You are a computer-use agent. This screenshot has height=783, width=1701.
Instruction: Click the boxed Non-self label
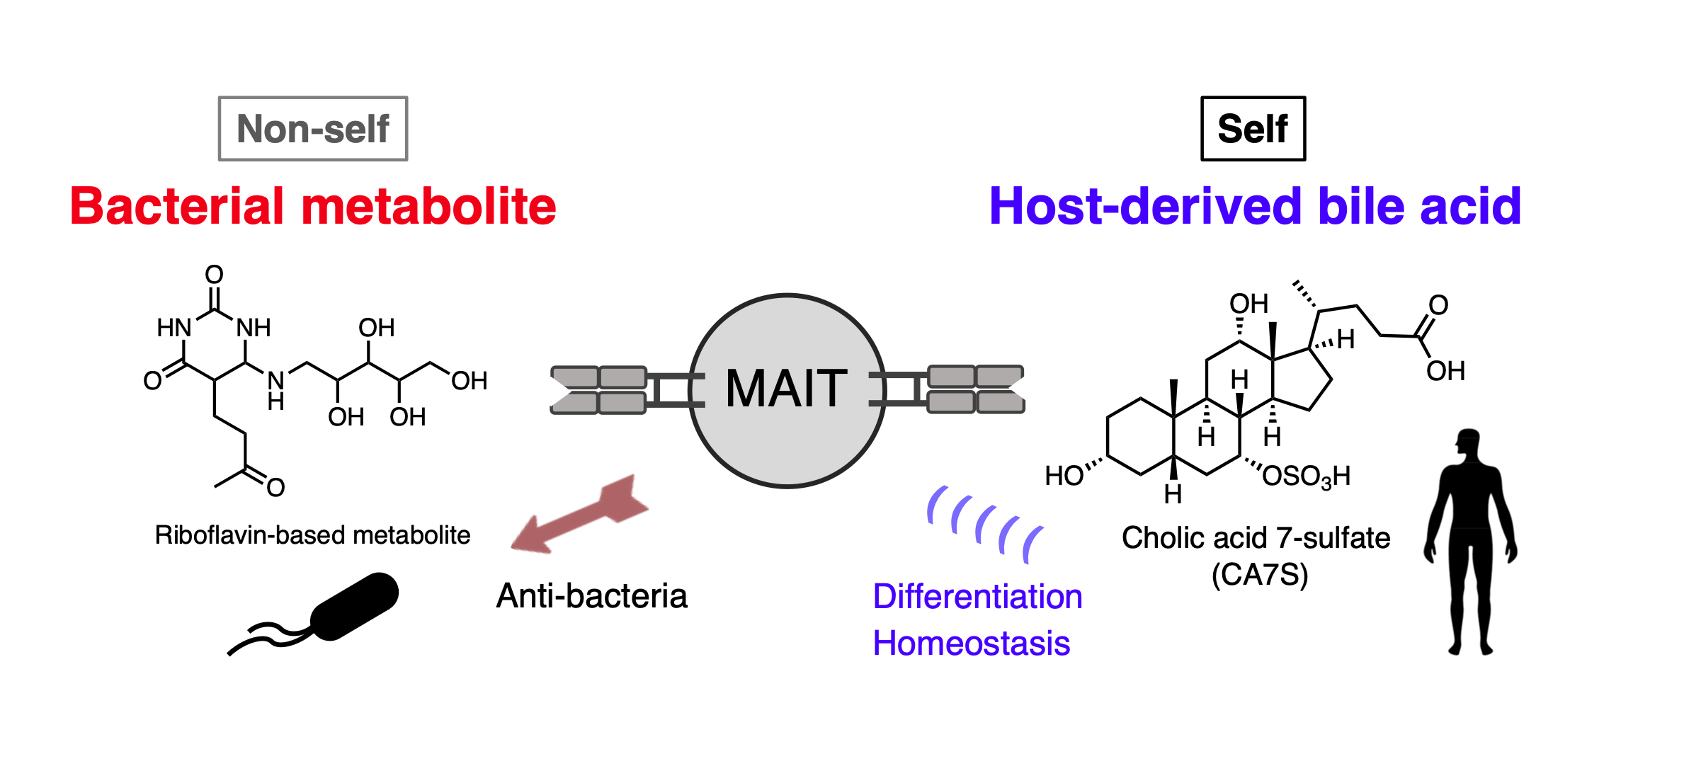tap(313, 129)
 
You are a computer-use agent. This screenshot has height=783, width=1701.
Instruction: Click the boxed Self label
tap(1253, 129)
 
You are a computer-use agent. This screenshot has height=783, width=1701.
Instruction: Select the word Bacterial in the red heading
tap(177, 207)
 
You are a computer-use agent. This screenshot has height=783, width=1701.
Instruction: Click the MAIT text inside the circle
tap(787, 389)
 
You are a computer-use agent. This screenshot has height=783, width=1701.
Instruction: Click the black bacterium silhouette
tap(354, 607)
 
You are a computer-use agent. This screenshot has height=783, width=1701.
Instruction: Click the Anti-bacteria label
tap(591, 596)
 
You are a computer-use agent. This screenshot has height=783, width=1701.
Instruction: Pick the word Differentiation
tap(977, 596)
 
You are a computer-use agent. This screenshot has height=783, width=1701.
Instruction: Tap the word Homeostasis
tap(971, 644)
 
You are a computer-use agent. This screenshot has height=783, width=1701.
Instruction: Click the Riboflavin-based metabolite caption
tap(312, 535)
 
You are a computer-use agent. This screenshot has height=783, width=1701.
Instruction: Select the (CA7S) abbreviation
tap(1259, 574)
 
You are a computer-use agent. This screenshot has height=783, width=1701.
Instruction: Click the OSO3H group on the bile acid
tap(1306, 476)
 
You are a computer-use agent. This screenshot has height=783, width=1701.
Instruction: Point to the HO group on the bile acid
tap(1064, 476)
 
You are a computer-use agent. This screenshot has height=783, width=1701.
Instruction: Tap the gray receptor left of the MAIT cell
tap(599, 389)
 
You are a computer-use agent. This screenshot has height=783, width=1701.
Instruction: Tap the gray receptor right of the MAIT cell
tap(976, 389)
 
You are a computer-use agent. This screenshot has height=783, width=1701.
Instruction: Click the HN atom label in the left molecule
tap(173, 328)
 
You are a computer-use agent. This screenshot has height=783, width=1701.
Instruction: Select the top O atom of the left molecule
tap(214, 275)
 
